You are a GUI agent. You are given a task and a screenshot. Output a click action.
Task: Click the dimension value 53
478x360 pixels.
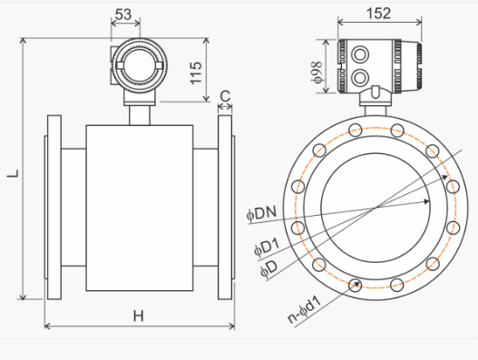(123, 14)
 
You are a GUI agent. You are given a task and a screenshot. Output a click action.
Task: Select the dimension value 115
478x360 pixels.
(196, 73)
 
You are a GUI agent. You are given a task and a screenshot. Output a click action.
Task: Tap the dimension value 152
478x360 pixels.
(378, 14)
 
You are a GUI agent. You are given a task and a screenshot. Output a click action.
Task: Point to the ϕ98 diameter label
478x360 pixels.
(317, 72)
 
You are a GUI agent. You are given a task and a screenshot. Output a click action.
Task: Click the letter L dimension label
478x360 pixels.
(13, 173)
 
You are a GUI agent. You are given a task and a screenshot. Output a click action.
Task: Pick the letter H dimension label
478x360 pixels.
(139, 316)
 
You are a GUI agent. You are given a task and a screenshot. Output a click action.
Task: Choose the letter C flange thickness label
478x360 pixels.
(225, 96)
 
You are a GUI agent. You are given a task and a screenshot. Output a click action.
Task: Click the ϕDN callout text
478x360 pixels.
(261, 213)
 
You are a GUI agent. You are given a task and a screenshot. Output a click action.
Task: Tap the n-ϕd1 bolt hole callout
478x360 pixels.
(305, 309)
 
